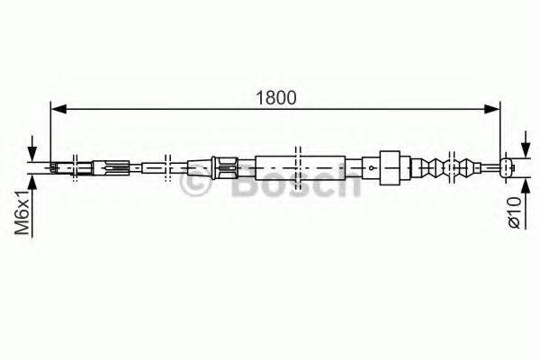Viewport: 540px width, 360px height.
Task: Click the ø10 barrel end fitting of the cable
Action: coord(508,166)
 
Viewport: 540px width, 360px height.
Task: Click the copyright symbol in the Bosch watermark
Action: coord(196,185)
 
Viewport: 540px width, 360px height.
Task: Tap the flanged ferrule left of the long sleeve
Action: coord(224,166)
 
